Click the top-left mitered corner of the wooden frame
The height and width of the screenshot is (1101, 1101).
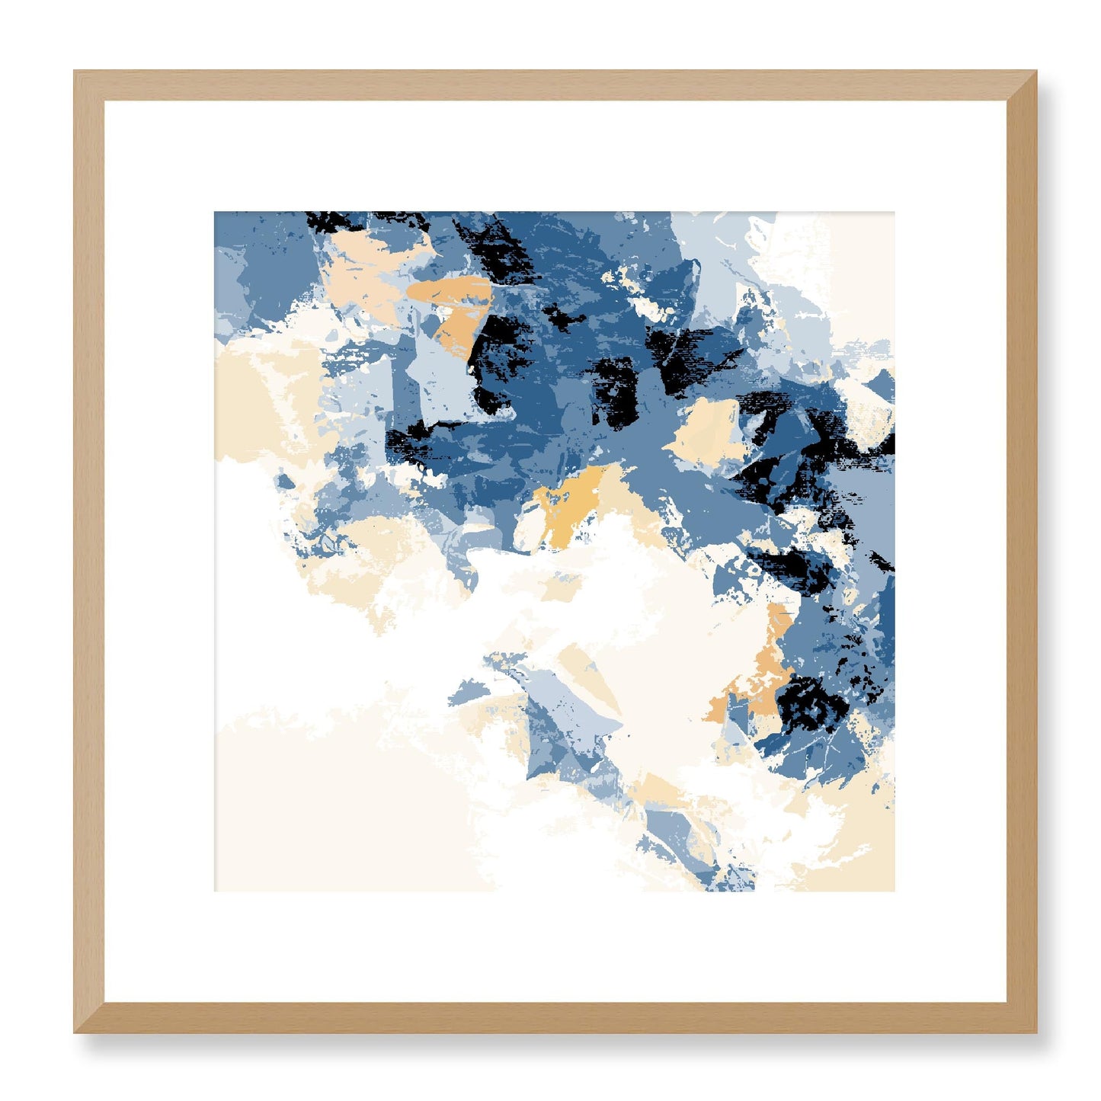[89, 85]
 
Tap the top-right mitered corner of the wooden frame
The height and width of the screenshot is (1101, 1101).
[1021, 85]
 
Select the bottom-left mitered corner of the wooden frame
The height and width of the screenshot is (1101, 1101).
[89, 1017]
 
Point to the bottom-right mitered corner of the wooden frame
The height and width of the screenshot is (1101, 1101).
[1021, 1017]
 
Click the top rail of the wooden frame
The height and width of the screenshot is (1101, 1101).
[555, 85]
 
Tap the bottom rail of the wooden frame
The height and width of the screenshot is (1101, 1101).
[555, 1018]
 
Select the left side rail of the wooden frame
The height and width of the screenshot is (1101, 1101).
[89, 552]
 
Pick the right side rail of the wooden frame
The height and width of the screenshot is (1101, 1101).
[1022, 552]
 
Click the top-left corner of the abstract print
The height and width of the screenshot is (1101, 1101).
[215, 213]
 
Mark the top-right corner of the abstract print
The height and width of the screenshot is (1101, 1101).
[894, 213]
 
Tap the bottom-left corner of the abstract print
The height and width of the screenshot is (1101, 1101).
[215, 890]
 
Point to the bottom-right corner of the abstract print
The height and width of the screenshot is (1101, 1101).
[894, 890]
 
